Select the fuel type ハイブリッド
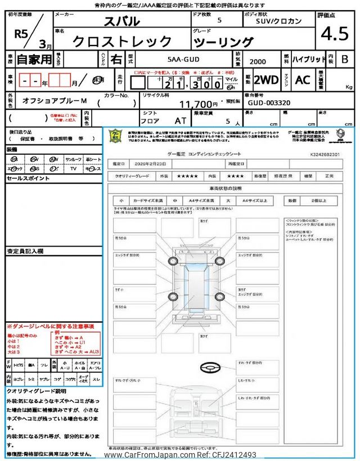point(307,59)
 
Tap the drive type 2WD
point(266,80)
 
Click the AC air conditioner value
point(303,80)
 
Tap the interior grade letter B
point(345,59)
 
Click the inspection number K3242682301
point(325,154)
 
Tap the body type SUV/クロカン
point(269,21)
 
